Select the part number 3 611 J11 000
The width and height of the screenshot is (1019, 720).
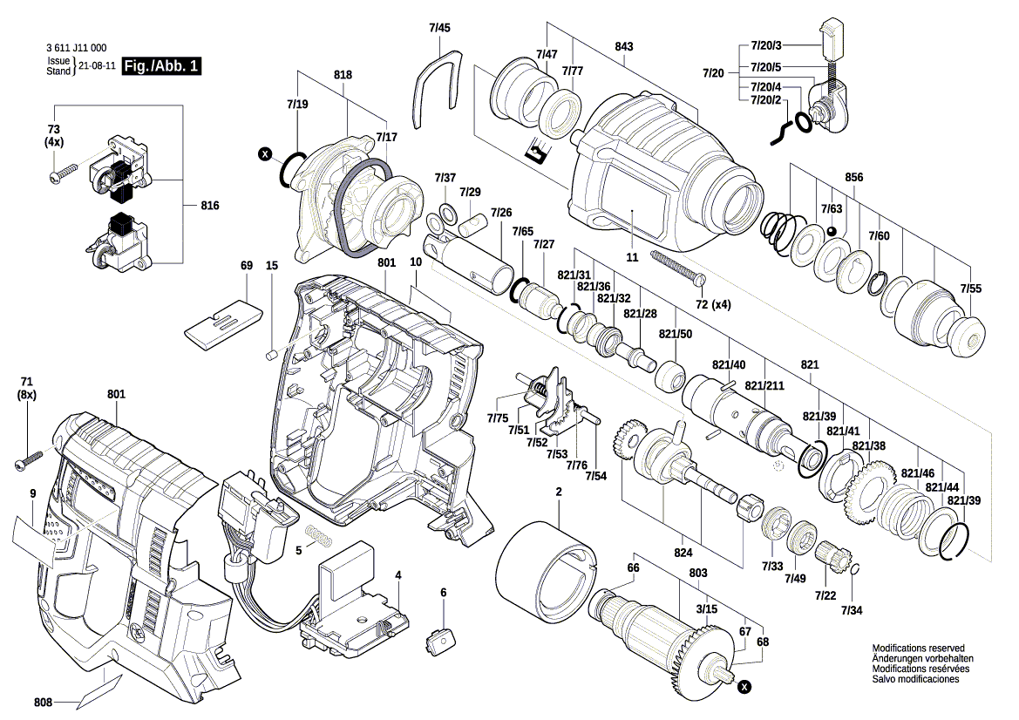76,49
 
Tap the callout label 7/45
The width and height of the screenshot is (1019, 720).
439,28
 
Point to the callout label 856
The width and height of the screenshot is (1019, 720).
853,177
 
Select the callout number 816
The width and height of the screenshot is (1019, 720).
209,206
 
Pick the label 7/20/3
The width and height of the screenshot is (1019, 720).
766,45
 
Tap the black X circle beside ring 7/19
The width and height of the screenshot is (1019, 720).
266,154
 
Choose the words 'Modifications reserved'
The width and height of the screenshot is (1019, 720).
918,649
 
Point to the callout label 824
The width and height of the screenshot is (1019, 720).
683,553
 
